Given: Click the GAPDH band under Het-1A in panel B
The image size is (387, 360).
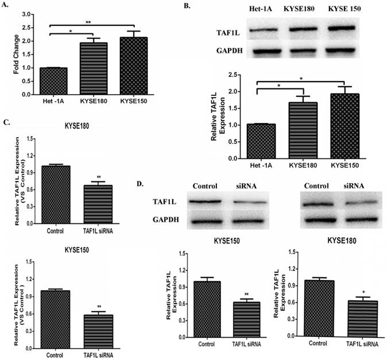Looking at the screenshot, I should point(258,52).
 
